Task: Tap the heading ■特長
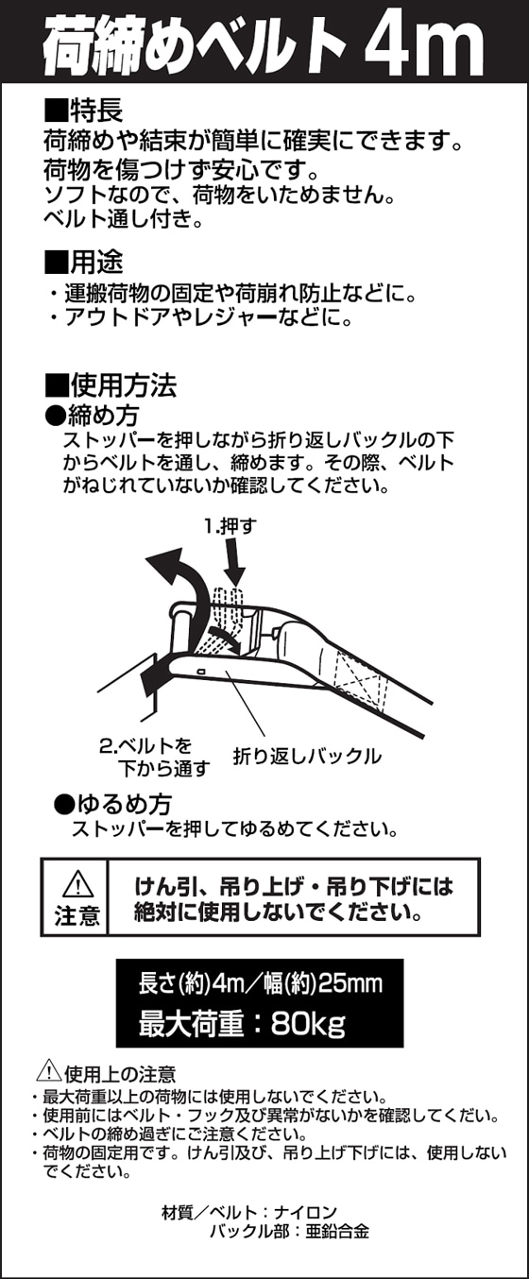(x=83, y=111)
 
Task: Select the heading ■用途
(x=83, y=262)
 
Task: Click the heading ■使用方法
(x=111, y=385)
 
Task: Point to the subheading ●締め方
(x=92, y=415)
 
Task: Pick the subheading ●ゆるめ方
(x=112, y=804)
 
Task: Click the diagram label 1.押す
(x=230, y=526)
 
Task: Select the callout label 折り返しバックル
(x=307, y=756)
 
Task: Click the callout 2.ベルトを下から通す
(x=154, y=757)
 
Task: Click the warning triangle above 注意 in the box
(x=78, y=884)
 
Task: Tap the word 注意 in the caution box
(x=77, y=915)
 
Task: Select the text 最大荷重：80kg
(x=242, y=1024)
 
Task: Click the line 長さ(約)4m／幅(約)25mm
(x=260, y=983)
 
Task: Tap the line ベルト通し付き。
(x=124, y=219)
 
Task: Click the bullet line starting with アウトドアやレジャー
(x=201, y=316)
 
